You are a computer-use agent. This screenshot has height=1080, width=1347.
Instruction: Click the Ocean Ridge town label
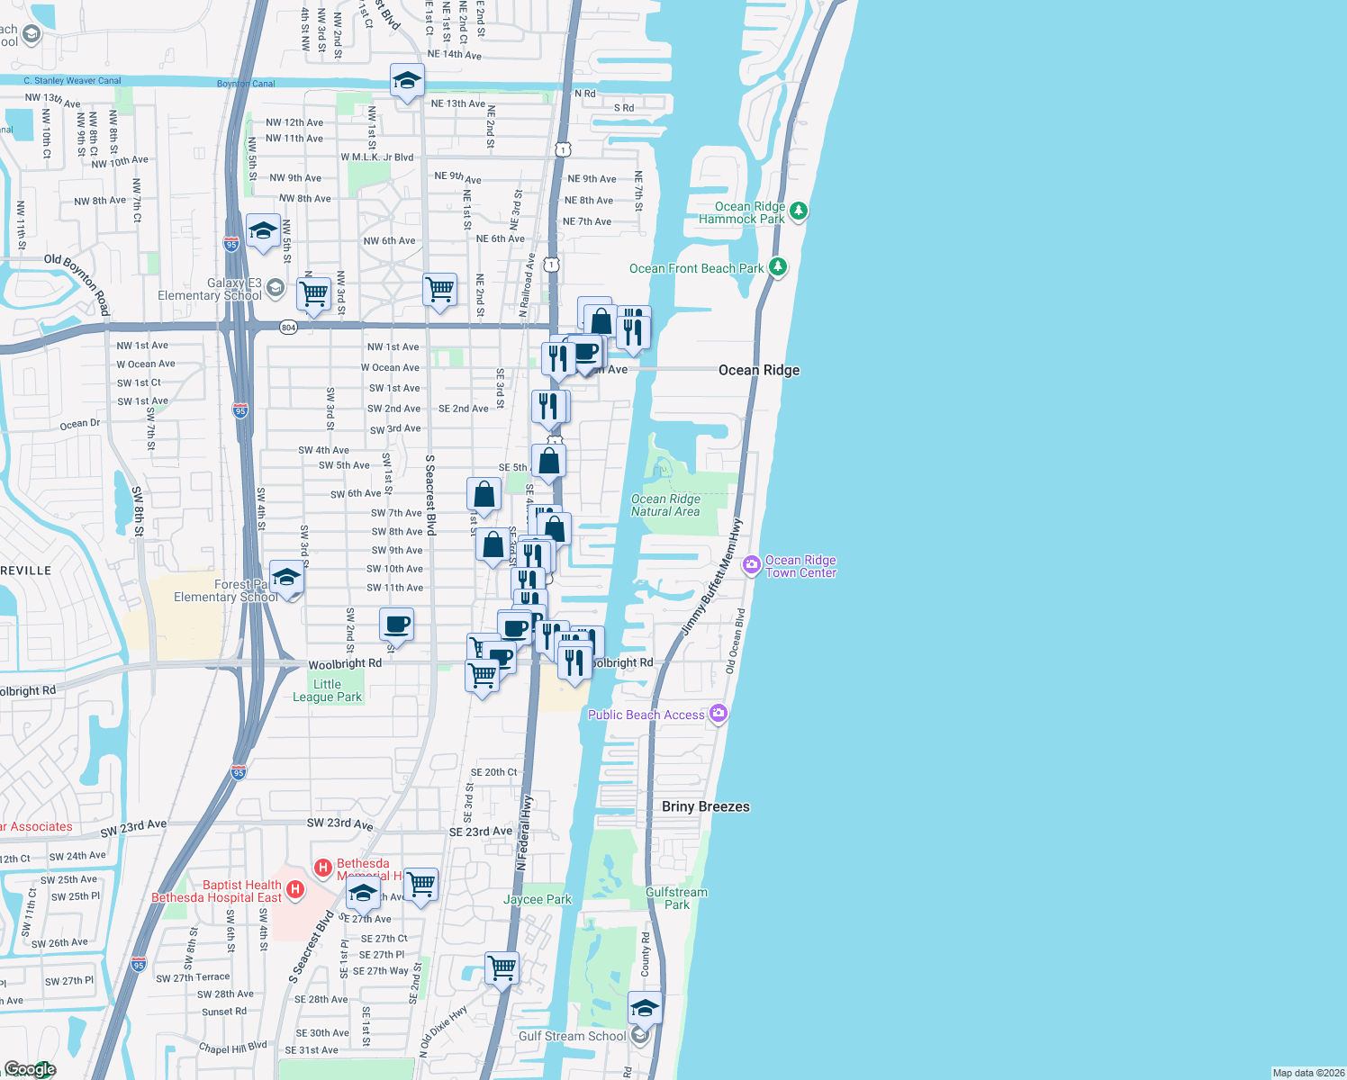[758, 370]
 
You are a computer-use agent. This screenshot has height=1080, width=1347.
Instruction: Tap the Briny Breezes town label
[705, 806]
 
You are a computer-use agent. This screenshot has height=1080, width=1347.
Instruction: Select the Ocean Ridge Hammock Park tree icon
[799, 211]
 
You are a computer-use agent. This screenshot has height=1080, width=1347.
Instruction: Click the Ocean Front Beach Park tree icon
[778, 267]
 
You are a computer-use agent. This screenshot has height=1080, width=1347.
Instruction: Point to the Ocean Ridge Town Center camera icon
[751, 565]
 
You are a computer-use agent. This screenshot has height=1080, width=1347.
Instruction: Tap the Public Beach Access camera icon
[718, 714]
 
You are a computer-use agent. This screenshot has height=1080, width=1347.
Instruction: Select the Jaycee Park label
[537, 899]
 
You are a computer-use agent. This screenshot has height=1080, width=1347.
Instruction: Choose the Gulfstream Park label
[676, 898]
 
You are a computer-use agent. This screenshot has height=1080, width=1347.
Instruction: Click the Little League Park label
[327, 690]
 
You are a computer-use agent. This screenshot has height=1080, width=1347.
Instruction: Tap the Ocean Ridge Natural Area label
[665, 505]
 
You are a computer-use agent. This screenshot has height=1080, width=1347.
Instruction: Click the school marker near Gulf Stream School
[644, 1008]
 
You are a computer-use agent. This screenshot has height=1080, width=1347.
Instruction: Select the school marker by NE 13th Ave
[407, 80]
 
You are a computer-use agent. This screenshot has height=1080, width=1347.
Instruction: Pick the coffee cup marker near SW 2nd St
[396, 623]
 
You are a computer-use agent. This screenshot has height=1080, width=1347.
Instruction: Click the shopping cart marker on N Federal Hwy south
[502, 968]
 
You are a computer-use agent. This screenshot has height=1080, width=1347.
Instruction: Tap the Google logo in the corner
[31, 1068]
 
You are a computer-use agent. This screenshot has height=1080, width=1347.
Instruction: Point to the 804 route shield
[288, 327]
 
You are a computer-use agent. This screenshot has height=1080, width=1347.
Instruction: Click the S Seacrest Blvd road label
[430, 495]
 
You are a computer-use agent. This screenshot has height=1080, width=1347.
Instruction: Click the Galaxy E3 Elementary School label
[209, 289]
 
